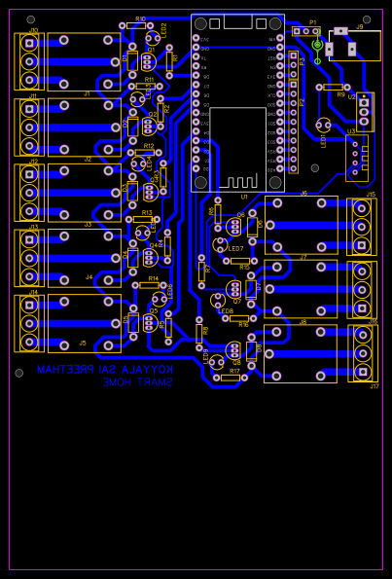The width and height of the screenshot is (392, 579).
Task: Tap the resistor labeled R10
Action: (x=136, y=26)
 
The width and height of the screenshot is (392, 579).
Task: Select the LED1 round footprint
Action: (x=323, y=125)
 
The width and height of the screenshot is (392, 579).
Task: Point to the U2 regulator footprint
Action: (x=364, y=111)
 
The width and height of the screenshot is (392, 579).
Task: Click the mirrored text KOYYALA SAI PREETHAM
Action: (x=105, y=370)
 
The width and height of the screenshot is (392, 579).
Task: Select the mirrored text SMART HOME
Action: (x=137, y=382)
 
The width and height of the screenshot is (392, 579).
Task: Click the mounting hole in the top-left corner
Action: (x=30, y=19)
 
